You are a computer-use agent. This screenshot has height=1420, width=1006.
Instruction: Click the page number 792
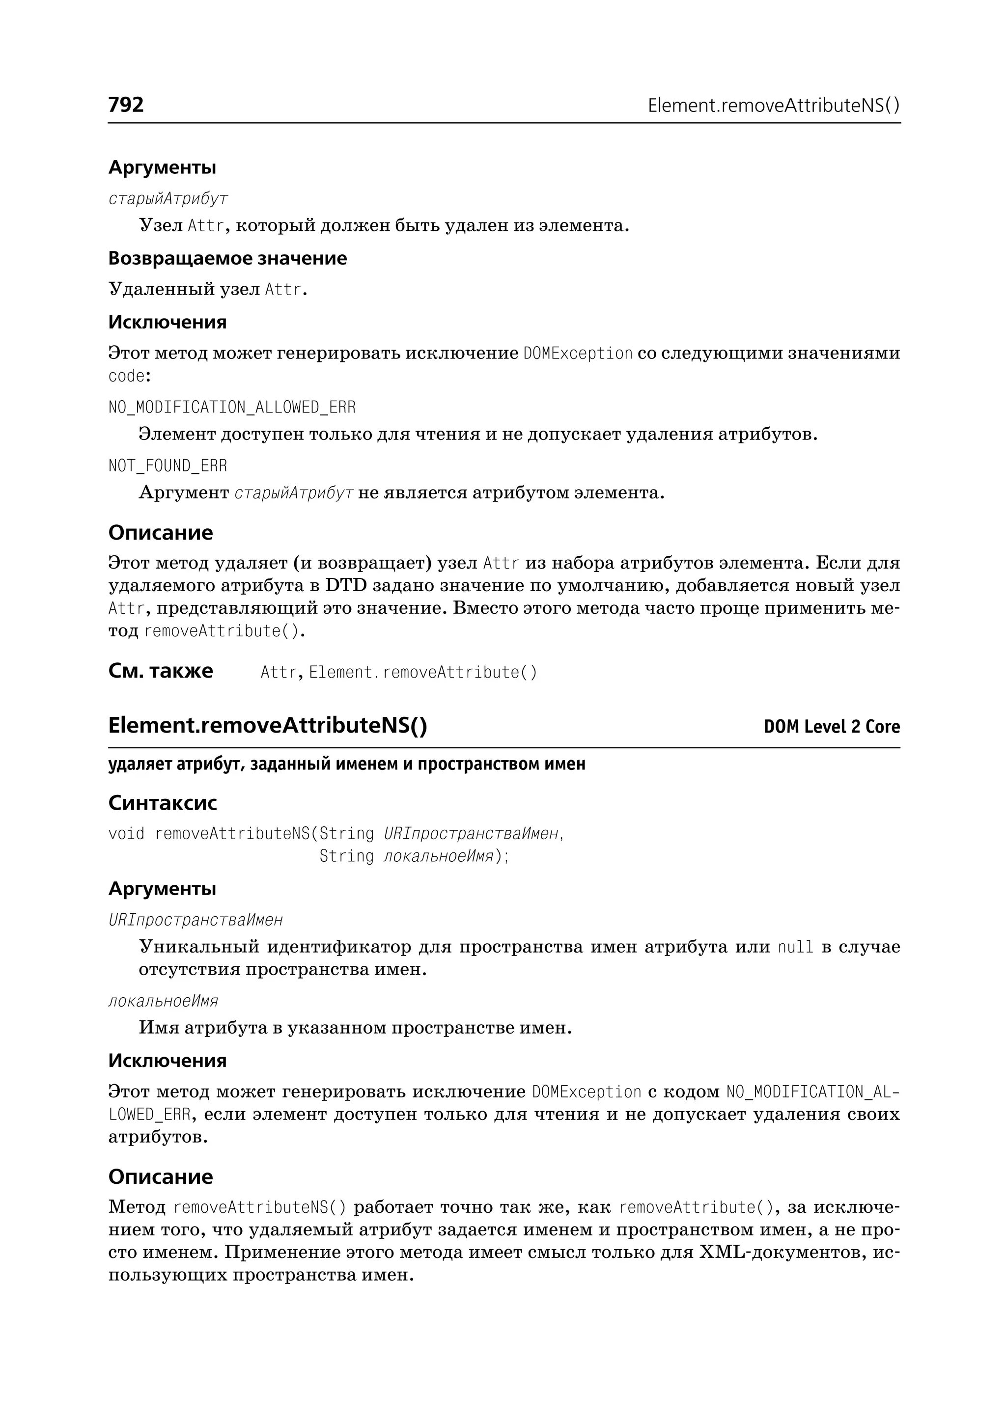(126, 105)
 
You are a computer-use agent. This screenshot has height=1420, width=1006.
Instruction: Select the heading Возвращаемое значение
(227, 258)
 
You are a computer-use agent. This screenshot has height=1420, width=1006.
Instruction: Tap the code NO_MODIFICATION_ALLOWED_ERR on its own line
(232, 408)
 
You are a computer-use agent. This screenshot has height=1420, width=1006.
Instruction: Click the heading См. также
(161, 671)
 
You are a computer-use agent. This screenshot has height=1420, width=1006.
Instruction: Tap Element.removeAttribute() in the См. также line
(422, 673)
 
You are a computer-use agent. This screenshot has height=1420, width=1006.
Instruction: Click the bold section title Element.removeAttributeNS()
(267, 725)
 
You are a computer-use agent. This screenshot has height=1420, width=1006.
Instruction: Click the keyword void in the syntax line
(126, 834)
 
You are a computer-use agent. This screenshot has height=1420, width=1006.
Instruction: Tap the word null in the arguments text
(795, 948)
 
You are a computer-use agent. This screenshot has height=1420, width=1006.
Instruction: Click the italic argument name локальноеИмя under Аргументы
(163, 1001)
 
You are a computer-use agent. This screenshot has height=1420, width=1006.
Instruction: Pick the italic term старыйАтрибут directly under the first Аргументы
(168, 199)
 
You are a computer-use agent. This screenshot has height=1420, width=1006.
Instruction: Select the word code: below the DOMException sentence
(130, 377)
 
